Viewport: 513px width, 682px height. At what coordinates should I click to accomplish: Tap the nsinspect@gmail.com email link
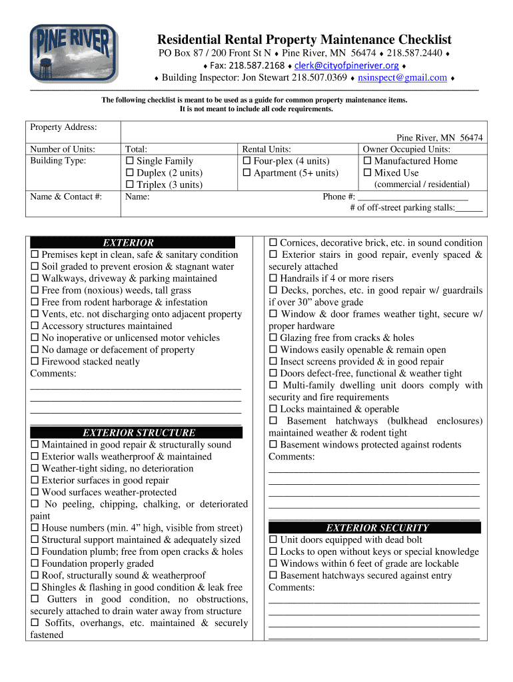402,77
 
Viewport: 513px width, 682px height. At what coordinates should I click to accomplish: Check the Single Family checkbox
130,161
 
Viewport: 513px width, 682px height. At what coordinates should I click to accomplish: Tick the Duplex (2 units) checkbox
130,173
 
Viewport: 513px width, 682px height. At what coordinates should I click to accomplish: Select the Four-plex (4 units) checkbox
247,161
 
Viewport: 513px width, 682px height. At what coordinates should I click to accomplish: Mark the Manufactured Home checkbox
367,161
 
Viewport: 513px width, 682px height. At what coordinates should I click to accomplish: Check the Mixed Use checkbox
367,173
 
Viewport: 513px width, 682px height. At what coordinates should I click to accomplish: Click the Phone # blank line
412,197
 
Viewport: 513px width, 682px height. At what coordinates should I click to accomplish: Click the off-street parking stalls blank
469,208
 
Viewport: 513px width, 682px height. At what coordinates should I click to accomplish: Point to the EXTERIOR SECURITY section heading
374,528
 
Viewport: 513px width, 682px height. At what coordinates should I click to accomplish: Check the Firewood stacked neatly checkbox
35,362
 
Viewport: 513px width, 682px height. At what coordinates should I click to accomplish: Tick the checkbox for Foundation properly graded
35,564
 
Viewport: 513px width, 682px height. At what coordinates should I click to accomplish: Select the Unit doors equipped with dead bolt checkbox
273,540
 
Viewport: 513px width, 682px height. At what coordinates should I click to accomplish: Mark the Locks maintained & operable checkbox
273,410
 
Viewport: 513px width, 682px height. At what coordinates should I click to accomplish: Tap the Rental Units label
266,150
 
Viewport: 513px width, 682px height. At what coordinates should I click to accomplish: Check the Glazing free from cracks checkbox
273,338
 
